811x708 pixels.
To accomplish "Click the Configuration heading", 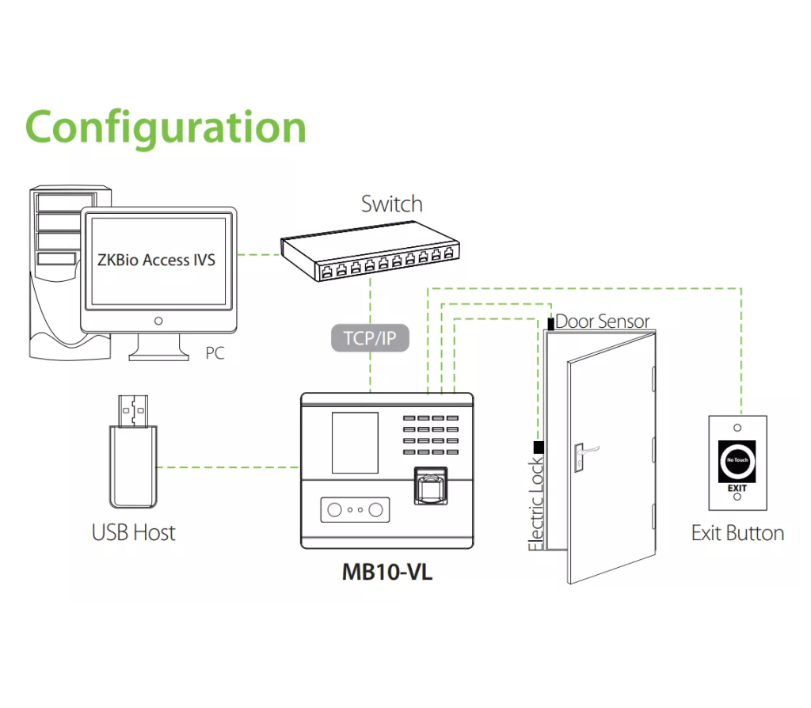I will click(166, 126).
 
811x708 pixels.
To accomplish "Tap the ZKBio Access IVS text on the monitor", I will click(156, 260).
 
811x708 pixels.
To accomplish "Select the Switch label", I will click(391, 204).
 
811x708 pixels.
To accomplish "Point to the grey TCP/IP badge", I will click(369, 339).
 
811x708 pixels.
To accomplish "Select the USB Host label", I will click(133, 532).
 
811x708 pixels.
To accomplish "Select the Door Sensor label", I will click(602, 322).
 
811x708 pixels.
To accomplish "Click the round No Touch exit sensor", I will click(737, 461).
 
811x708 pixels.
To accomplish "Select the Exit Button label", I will click(737, 533).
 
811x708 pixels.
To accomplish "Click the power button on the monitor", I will click(158, 321).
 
